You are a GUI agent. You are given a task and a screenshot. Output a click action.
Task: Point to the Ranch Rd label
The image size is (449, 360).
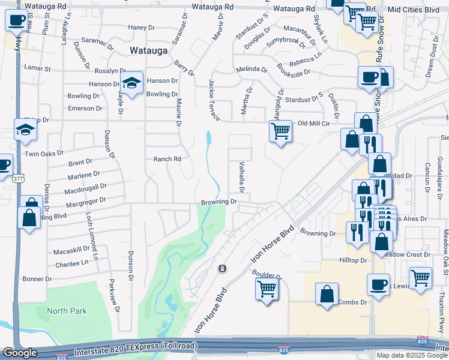167,159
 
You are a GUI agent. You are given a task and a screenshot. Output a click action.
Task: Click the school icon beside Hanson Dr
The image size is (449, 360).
131,83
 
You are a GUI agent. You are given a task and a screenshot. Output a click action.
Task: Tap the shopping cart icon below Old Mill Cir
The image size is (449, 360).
280,131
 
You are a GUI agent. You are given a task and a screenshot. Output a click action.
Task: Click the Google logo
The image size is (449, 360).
20,353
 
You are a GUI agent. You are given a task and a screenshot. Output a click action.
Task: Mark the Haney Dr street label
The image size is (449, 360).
142,27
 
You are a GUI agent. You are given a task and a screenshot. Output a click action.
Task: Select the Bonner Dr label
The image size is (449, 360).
37,279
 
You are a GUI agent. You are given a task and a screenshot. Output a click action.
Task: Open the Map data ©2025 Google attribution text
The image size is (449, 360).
412,355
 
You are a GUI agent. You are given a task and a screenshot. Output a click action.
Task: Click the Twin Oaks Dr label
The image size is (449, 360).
44,154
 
